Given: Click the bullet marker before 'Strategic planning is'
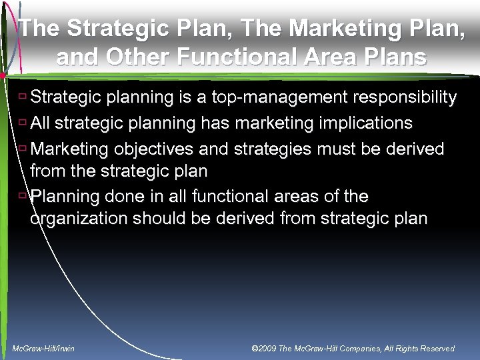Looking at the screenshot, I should (23, 97).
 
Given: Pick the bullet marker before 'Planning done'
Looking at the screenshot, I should (23, 195).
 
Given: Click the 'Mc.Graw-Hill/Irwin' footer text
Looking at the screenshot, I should (44, 349).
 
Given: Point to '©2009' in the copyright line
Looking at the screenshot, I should (264, 349).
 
